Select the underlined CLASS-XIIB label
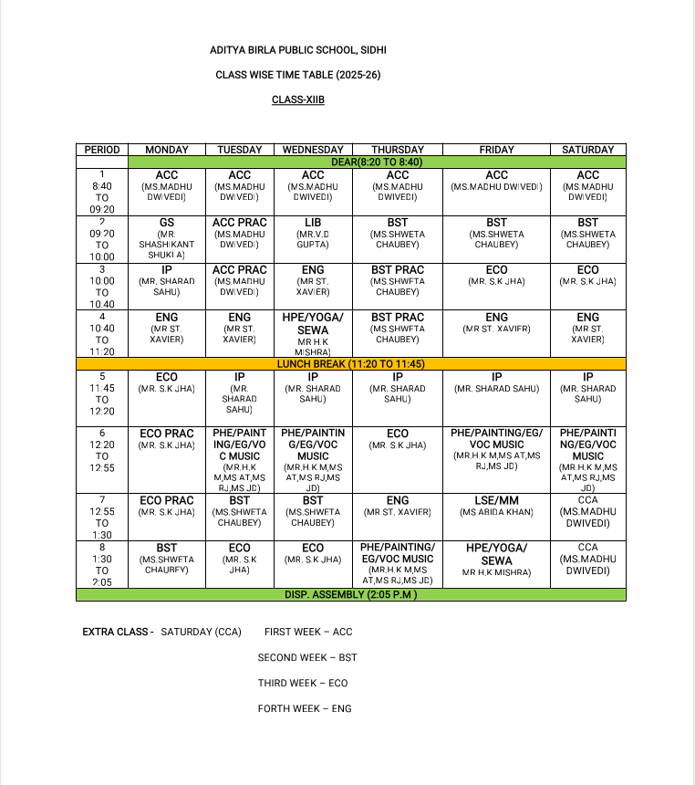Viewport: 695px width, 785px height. [297, 99]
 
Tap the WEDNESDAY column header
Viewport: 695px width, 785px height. [313, 150]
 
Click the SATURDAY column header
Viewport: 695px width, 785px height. [587, 150]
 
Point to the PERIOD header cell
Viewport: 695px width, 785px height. [101, 150]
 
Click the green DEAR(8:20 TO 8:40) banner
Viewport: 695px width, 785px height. [376, 162]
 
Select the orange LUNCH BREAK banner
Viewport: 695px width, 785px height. [351, 363]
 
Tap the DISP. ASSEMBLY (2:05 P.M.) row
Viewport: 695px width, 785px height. [351, 594]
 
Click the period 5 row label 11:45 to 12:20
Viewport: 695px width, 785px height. [101, 392]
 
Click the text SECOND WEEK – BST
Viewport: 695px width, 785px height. [307, 657]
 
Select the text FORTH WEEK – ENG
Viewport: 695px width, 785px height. [305, 708]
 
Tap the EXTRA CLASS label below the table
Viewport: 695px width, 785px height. [118, 632]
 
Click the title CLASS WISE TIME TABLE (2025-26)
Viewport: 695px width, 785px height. [297, 75]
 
